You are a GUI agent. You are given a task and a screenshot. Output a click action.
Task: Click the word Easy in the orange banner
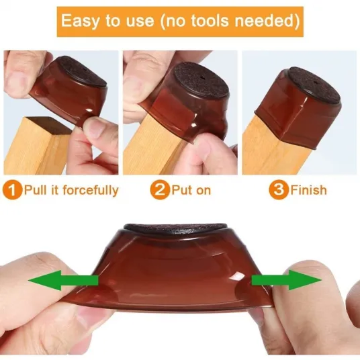pos(81,21)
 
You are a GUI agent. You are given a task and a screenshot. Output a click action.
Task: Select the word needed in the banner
pos(264,21)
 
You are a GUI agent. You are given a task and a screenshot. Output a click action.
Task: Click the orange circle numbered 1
pos(12,190)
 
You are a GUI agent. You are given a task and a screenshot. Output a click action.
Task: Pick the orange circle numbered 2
pos(160,190)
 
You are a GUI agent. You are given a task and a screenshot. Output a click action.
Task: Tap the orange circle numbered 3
pos(279,190)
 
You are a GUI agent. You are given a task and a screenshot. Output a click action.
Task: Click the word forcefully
pos(91,191)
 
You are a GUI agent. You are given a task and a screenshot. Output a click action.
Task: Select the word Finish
pos(308,190)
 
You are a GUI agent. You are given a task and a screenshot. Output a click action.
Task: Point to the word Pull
pos(35,190)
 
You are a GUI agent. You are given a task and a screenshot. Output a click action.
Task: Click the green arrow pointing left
pos(63,280)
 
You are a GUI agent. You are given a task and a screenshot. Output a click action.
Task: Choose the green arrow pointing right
pos(287,280)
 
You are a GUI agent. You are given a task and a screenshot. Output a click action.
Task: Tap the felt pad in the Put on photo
pos(200,81)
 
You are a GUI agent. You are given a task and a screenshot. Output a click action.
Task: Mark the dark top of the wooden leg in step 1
pos(49,125)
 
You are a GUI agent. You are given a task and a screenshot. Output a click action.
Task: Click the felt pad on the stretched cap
pos(176,228)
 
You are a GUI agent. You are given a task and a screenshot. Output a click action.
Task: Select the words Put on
pos(191,190)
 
